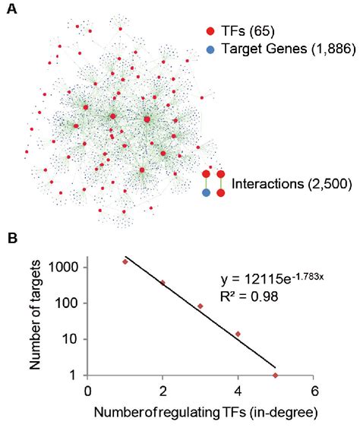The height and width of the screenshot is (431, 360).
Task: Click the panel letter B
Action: tap(11, 237)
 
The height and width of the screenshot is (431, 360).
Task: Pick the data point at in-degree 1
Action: tap(125, 261)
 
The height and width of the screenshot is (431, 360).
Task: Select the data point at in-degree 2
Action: tap(163, 283)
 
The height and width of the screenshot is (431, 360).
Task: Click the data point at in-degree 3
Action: tap(200, 306)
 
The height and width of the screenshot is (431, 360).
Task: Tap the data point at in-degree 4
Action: tap(238, 334)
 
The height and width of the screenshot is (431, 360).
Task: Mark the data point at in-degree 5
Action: tap(275, 375)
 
